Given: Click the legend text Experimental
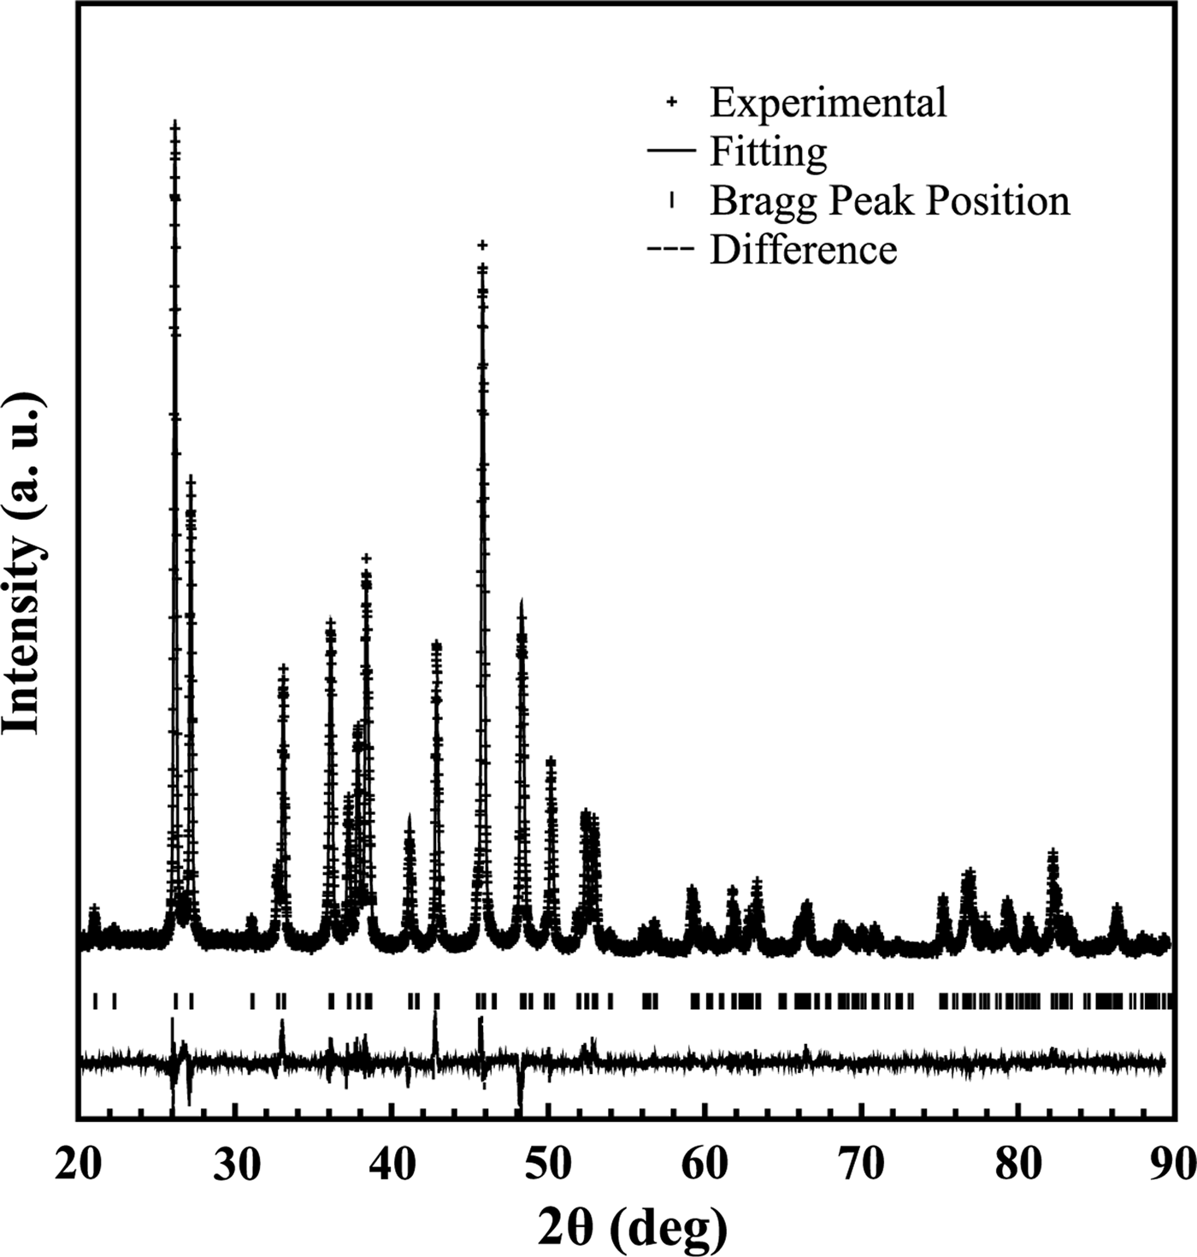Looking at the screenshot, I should click(x=828, y=103).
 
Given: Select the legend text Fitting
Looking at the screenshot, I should click(x=768, y=152).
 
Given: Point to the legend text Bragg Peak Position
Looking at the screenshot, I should click(x=889, y=202).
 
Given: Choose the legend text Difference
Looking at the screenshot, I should click(x=803, y=251).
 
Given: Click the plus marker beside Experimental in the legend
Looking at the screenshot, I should click(x=672, y=102).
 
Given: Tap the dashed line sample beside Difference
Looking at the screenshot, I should click(x=672, y=251).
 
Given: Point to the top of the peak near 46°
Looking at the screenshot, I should click(x=482, y=246).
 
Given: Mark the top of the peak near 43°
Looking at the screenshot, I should click(x=437, y=644).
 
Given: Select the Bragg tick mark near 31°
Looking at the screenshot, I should click(x=252, y=1000).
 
